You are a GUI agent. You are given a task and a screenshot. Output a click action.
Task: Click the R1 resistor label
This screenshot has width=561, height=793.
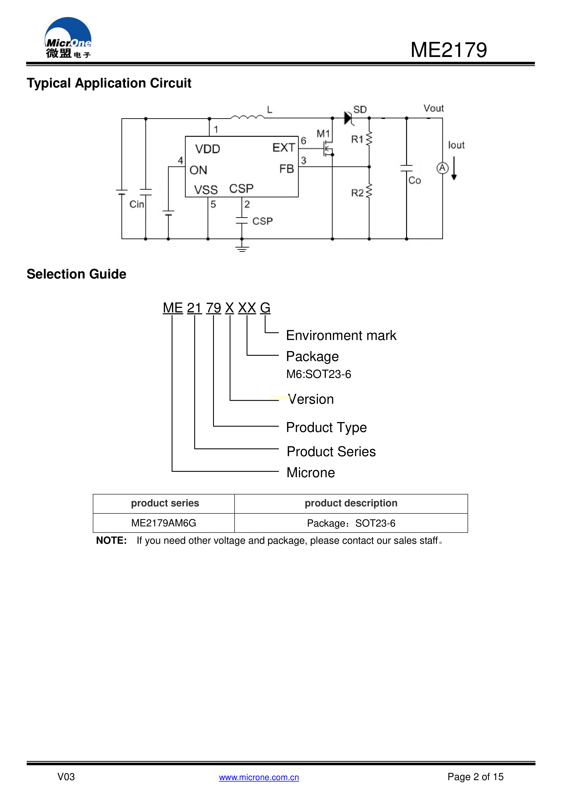click(357, 139)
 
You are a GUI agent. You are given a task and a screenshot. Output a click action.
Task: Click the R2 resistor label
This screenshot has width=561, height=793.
click(357, 193)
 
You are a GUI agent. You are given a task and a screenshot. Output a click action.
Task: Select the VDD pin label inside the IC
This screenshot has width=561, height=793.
click(207, 149)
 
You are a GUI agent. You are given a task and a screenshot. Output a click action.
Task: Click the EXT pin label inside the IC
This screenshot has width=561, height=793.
click(284, 147)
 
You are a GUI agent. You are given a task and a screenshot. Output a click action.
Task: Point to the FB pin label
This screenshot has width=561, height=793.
click(286, 169)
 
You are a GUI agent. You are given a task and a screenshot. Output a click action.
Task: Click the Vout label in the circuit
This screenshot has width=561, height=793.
click(433, 109)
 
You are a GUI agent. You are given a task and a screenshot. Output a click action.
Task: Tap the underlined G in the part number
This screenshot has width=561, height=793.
click(265, 308)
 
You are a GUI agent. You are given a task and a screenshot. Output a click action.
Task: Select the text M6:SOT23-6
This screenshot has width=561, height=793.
click(319, 374)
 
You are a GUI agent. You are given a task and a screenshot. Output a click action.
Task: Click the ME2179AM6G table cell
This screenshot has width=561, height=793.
click(163, 523)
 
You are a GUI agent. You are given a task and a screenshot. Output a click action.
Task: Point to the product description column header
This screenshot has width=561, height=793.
click(351, 503)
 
